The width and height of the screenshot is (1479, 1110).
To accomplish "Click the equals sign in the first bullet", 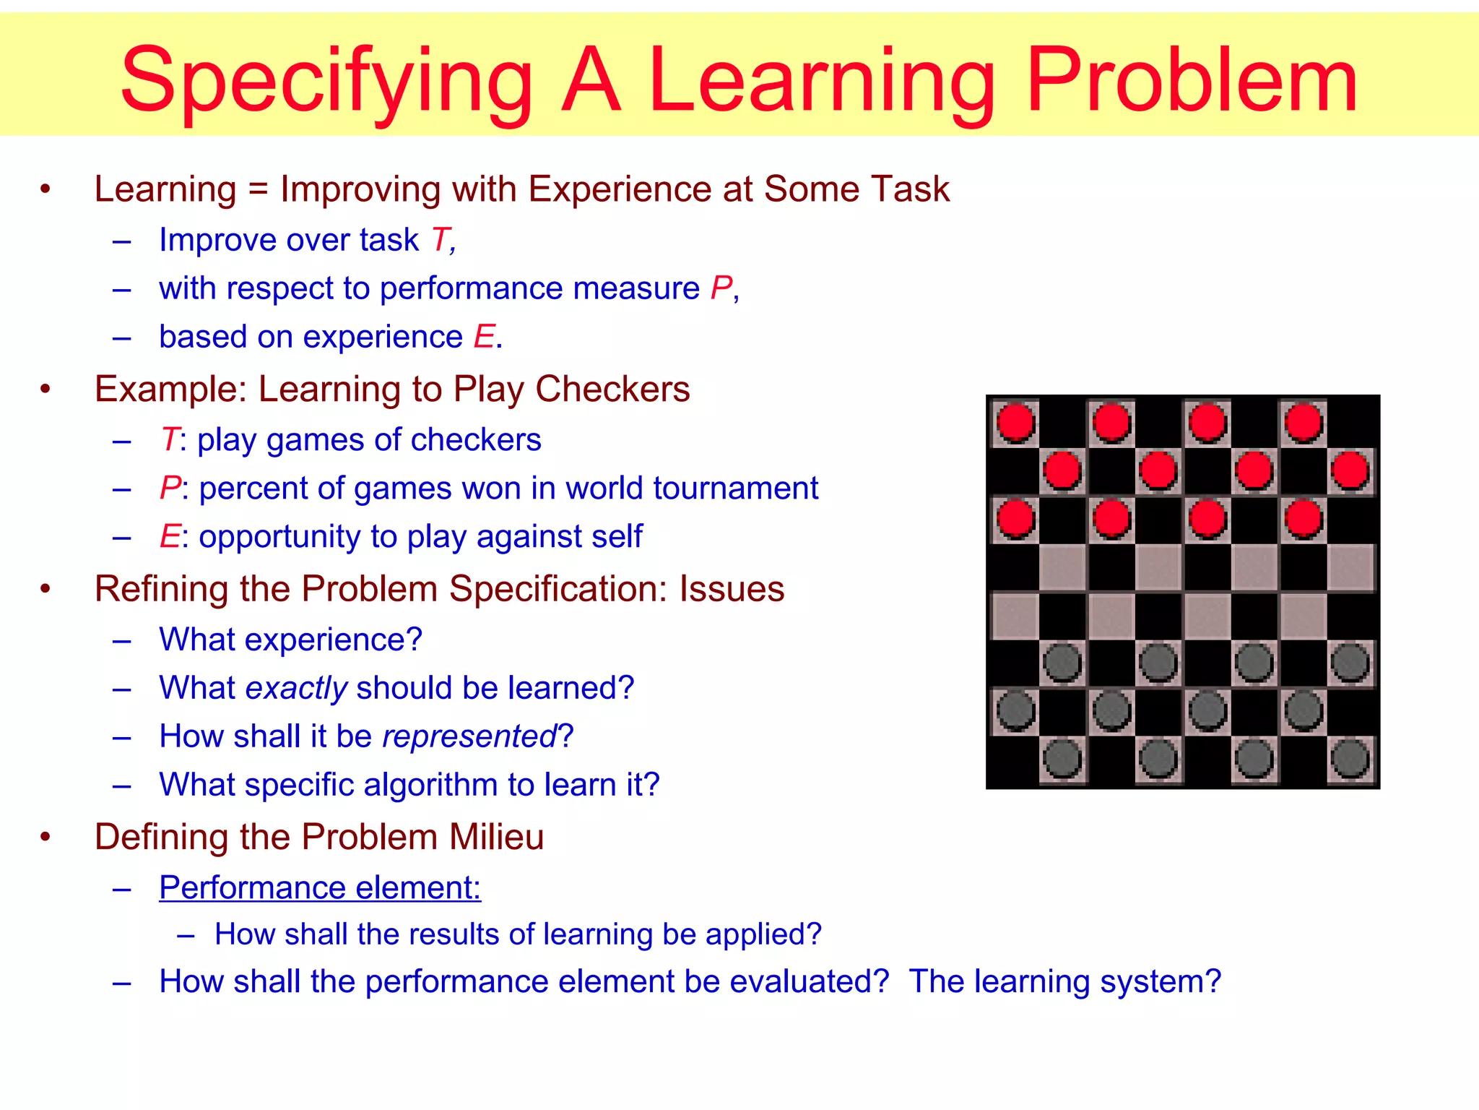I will pyautogui.click(x=258, y=190).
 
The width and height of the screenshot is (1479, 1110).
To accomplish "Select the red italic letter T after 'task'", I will pyautogui.click(x=441, y=240).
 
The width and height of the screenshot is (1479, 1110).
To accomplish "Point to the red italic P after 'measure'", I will pyautogui.click(x=721, y=288).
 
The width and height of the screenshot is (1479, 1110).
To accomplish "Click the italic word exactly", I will pyautogui.click(x=297, y=688).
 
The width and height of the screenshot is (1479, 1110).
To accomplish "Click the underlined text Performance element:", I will pyautogui.click(x=320, y=887).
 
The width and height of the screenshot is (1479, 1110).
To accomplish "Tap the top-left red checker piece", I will pyautogui.click(x=1015, y=422).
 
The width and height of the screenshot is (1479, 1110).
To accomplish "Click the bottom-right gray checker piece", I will pyautogui.click(x=1350, y=760).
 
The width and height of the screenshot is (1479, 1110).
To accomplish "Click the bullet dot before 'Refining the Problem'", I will pyautogui.click(x=45, y=589).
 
